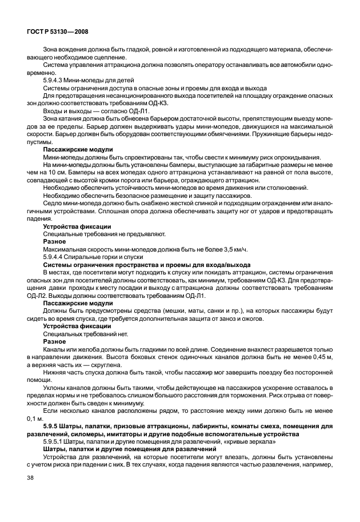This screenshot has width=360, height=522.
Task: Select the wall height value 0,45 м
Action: click(x=318, y=356)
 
